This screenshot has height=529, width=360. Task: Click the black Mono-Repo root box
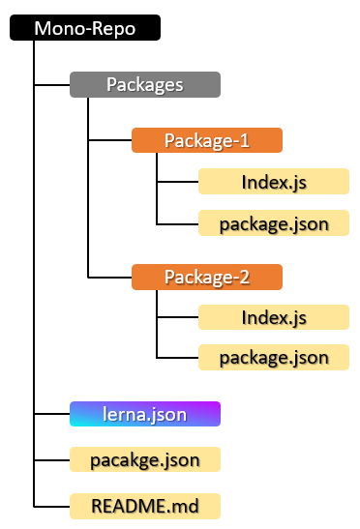coord(84,28)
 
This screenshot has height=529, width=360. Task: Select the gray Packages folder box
coord(145,85)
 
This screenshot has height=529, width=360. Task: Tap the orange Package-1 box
coord(206,140)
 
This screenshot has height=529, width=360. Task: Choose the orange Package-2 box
coord(206,278)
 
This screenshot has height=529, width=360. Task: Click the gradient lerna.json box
coord(145,414)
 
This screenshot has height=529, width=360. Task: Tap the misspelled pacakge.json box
coord(145,458)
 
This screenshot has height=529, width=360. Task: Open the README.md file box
coord(145,505)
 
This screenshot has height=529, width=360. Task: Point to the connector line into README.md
coord(52,505)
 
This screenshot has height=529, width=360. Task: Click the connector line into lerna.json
coord(52,414)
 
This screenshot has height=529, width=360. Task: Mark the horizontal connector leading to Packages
coord(52,85)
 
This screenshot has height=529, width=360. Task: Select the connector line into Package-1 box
coord(110,140)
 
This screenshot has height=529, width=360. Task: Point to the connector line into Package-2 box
coord(110,278)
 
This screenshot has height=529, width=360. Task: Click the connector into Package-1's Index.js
coord(178,181)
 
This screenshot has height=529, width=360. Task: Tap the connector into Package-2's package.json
coord(178,358)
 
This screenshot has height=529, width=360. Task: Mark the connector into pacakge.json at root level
coord(52,458)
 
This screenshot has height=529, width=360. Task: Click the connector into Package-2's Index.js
coord(178,317)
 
